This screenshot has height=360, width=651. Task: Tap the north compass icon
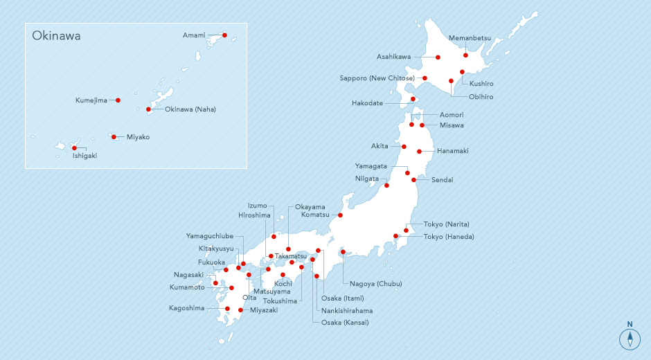[630, 337]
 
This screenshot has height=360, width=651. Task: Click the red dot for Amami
[224, 35]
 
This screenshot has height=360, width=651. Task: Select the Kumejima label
[91, 100]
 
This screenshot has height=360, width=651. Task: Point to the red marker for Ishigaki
[74, 147]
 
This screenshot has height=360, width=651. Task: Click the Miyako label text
[138, 137]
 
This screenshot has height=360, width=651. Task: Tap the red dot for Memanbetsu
[465, 55]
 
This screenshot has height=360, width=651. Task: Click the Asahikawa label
[393, 57]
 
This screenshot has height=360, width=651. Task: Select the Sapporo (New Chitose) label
[377, 78]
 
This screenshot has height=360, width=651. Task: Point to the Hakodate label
[367, 104]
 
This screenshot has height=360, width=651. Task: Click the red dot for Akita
[404, 147]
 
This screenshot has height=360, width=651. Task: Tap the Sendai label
[442, 180]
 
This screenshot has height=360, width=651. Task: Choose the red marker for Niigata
[386, 185]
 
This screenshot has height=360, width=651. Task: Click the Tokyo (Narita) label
[447, 224]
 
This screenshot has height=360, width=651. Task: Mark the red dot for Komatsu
[340, 215]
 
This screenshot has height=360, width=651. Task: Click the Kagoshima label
[186, 308]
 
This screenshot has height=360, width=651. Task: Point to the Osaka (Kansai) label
[346, 323]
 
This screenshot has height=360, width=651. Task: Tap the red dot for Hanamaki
[419, 151]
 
